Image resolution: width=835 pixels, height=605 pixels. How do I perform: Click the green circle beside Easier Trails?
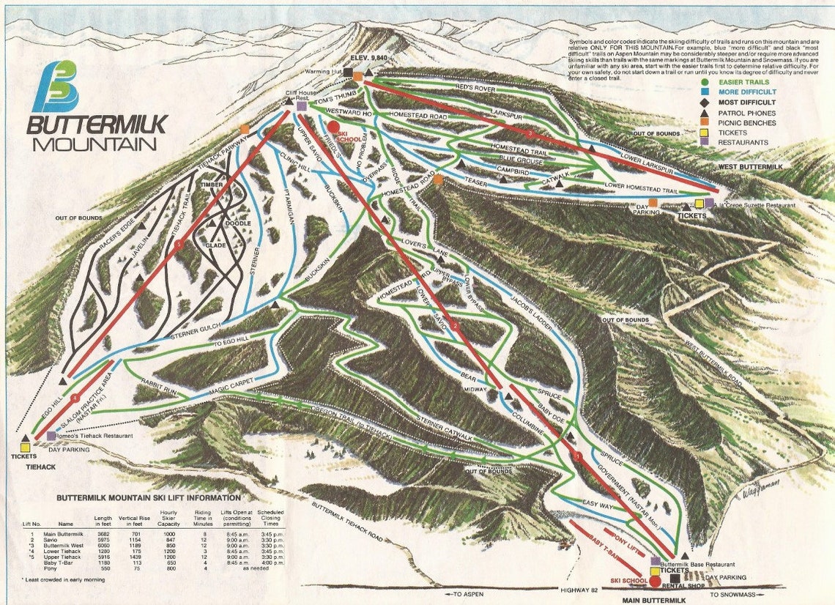[704, 82]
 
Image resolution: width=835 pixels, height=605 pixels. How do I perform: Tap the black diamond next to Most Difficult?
[704, 103]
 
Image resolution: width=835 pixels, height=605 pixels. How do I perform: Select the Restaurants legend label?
[743, 142]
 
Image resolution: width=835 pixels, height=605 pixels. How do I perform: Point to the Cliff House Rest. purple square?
[302, 106]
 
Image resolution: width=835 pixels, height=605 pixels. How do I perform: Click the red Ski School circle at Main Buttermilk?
[655, 582]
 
